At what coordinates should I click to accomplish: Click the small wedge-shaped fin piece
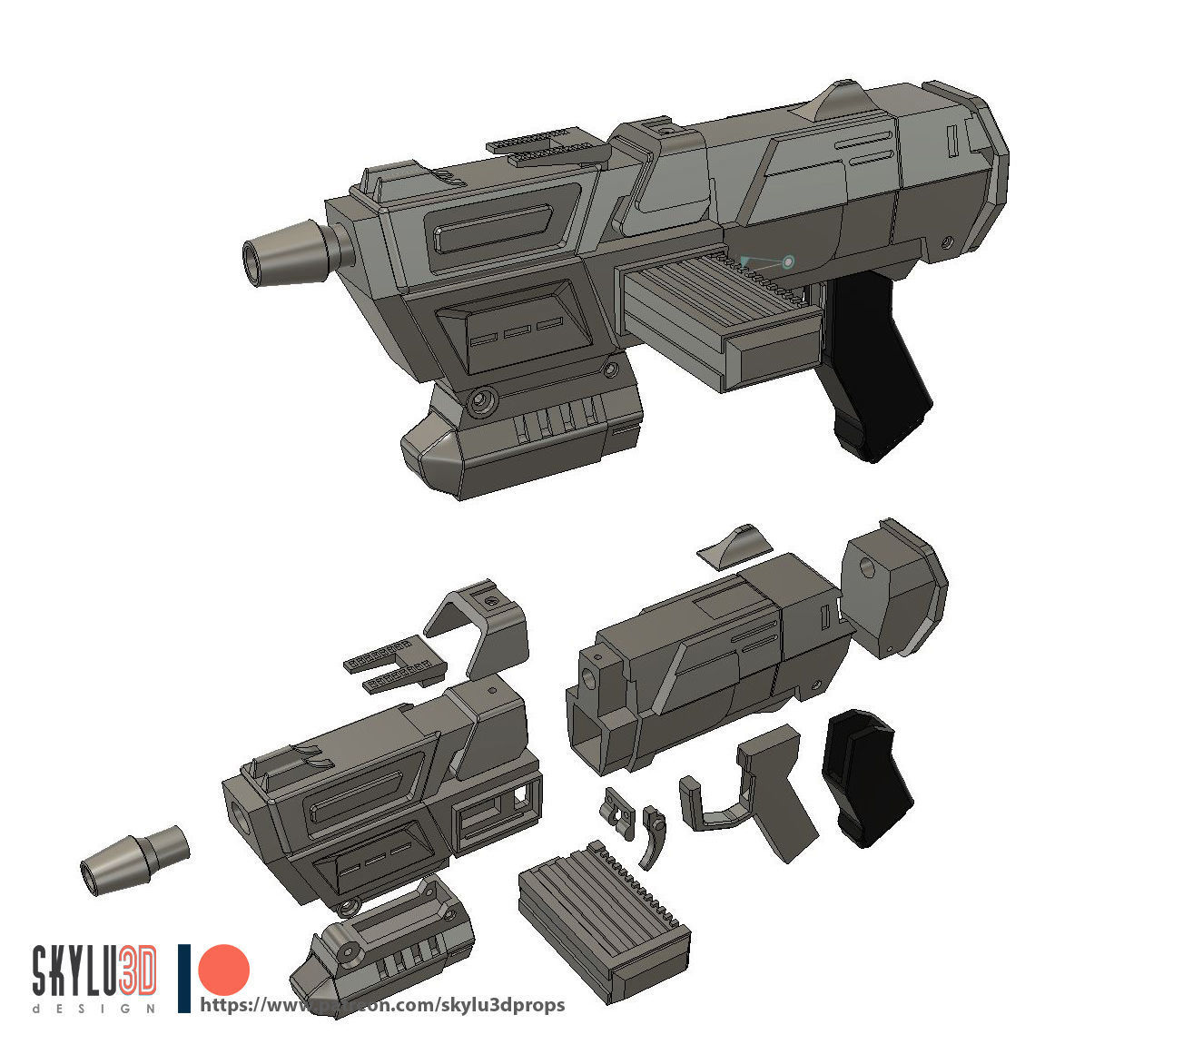click(x=735, y=545)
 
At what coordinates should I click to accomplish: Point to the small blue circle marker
click(x=787, y=262)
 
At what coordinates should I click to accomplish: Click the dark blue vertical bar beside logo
click(x=184, y=979)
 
